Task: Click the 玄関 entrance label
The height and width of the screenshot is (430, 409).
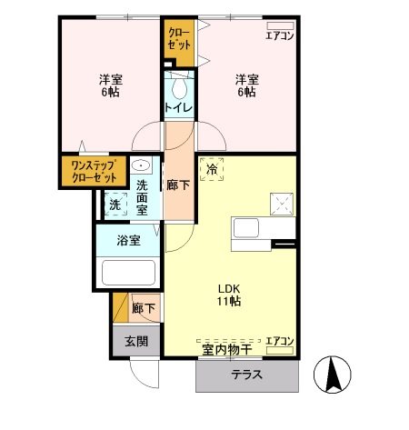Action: click(x=136, y=342)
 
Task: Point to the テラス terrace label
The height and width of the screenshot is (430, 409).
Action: click(x=246, y=375)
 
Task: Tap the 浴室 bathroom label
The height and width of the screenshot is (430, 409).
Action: click(x=129, y=241)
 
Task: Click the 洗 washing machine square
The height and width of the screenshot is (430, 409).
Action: click(x=115, y=205)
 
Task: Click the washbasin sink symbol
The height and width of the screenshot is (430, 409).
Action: click(x=142, y=166)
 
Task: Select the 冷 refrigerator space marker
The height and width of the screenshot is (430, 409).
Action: click(x=212, y=169)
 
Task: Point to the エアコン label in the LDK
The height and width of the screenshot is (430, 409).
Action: click(x=279, y=342)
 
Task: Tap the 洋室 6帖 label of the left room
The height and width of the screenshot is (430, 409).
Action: click(x=111, y=85)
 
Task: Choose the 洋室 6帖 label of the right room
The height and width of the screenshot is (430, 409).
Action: click(x=247, y=85)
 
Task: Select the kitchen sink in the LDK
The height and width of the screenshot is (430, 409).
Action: click(x=245, y=227)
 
